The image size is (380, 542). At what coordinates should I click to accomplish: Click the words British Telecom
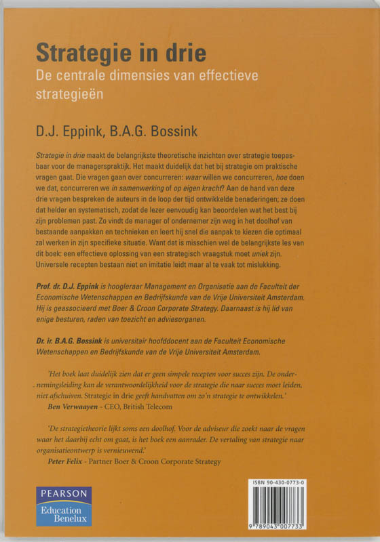coord(153,407)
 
